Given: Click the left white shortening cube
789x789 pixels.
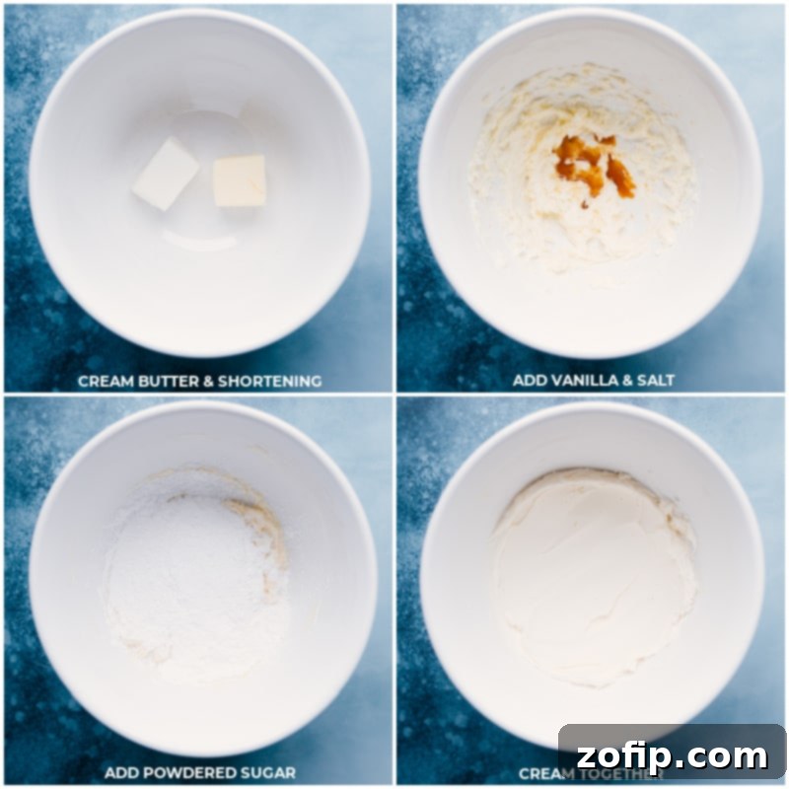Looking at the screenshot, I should [x=166, y=174].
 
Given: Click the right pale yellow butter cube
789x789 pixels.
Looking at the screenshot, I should [x=240, y=180].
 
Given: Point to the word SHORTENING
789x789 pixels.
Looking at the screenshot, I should [x=272, y=381].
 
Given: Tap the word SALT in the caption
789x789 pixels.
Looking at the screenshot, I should [x=654, y=381].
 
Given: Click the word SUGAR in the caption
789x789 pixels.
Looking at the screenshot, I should [x=267, y=772].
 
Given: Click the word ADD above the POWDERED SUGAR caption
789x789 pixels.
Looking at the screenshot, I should [x=121, y=772].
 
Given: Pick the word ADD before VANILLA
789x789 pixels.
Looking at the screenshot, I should [x=529, y=381].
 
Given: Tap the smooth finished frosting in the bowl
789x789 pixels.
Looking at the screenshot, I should [x=592, y=572].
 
